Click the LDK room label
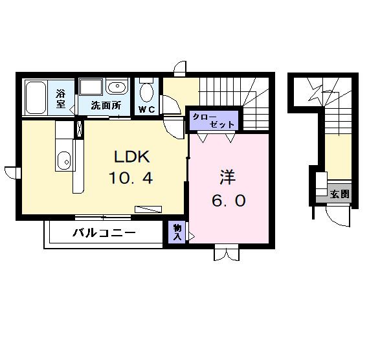[x=133, y=157]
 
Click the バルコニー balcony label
[x=103, y=233]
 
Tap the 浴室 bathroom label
[x=61, y=98]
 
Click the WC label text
[x=145, y=109]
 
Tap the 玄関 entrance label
[x=339, y=194]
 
